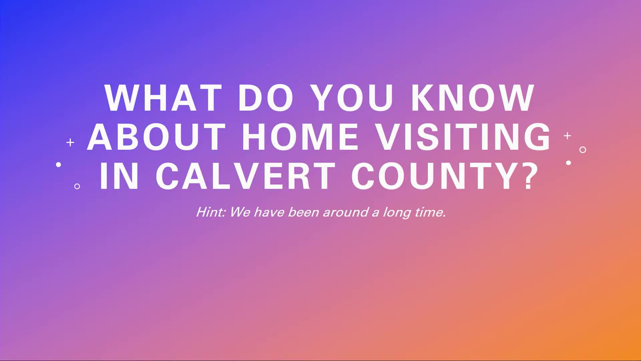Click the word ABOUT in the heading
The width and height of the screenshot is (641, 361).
pos(156,137)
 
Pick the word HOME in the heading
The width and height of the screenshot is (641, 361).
pos(300,137)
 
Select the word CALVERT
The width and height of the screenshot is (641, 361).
pos(246,176)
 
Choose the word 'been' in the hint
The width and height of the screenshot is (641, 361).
pos(303,212)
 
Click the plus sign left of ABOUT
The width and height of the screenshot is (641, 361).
pos(70,143)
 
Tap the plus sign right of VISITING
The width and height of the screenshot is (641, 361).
pos(567,136)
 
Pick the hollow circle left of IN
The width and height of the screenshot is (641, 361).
pos(77,186)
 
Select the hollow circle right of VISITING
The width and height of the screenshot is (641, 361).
pos(583,150)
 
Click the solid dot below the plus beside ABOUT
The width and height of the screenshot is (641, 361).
pos(58,164)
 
